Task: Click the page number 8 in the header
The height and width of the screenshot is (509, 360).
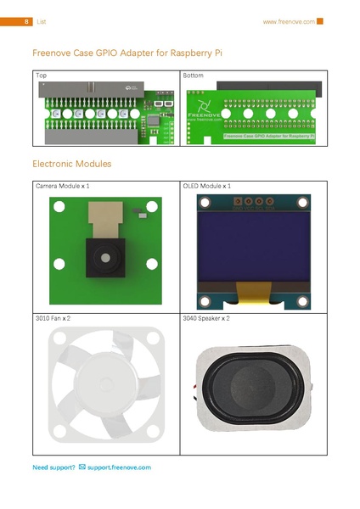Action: pyautogui.click(x=28, y=21)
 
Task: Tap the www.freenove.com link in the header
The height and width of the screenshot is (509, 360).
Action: pyautogui.click(x=289, y=21)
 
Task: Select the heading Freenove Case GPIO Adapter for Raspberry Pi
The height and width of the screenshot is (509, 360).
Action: pyautogui.click(x=127, y=53)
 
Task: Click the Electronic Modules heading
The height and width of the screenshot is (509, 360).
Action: pyautogui.click(x=71, y=163)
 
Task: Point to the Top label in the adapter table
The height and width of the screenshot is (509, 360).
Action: pyautogui.click(x=41, y=76)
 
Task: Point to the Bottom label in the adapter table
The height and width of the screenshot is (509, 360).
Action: pyautogui.click(x=194, y=76)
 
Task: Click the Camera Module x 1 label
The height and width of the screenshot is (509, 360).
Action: pyautogui.click(x=62, y=185)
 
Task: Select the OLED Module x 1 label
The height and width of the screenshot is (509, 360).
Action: pyautogui.click(x=207, y=185)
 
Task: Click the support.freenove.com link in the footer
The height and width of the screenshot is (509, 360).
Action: pyautogui.click(x=119, y=467)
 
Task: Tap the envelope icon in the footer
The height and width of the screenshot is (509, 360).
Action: pyautogui.click(x=82, y=467)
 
